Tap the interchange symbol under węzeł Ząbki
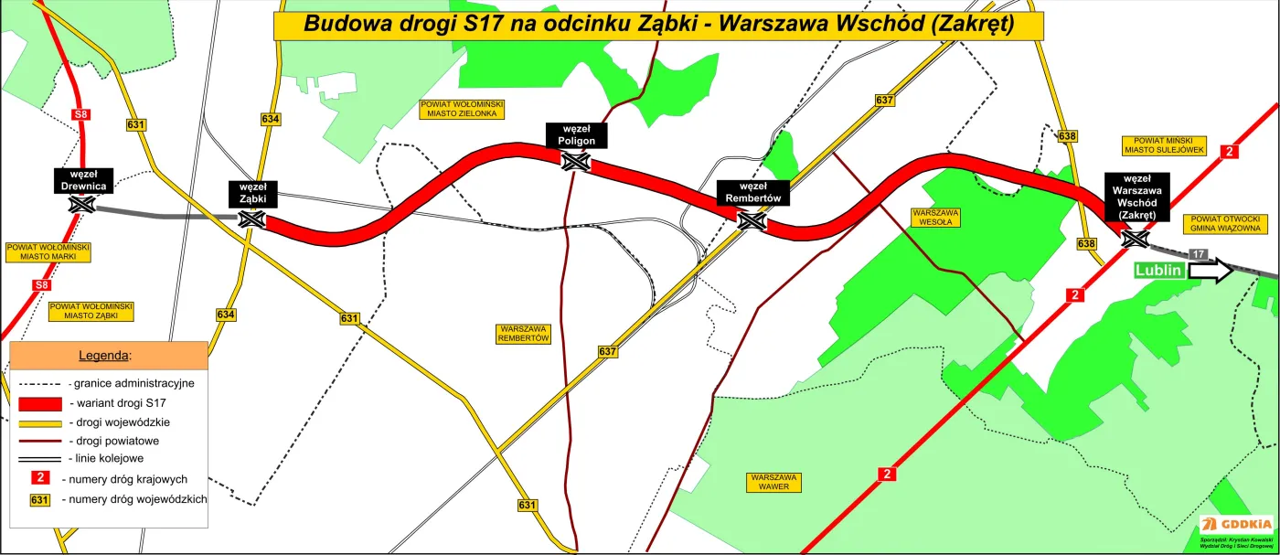click(x=250, y=219)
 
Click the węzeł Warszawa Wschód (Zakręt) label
click(x=1136, y=197)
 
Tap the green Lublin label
click(x=1159, y=271)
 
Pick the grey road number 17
click(x=1198, y=253)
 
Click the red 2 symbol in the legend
click(x=39, y=476)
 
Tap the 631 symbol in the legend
click(x=39, y=499)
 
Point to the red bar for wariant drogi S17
click(x=40, y=402)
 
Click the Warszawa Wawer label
click(x=773, y=482)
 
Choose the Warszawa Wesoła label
click(x=935, y=217)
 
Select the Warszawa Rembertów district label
click(x=524, y=333)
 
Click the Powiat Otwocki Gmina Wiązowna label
click(x=1226, y=224)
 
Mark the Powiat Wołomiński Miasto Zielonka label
click(x=459, y=109)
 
